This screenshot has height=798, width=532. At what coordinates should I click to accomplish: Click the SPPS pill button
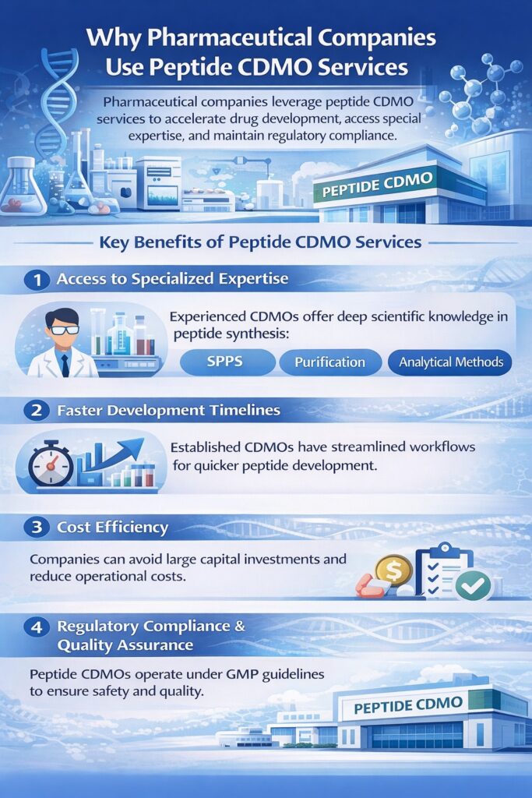pos(227,362)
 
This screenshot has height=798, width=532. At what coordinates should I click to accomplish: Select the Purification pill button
pos(329,362)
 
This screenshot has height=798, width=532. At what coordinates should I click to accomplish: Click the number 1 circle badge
pos(36,279)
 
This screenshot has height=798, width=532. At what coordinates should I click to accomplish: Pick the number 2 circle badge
pos(36,410)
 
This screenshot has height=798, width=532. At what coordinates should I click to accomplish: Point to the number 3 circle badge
pos(36,528)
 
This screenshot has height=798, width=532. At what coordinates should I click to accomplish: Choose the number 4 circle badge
pos(36,626)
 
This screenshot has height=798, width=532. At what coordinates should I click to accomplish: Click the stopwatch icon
pos(50,465)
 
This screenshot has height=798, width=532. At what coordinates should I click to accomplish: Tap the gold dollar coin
pos(393,570)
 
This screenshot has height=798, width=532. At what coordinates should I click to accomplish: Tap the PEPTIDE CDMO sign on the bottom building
pos(408,705)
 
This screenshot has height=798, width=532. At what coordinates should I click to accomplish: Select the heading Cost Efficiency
pos(112,528)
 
